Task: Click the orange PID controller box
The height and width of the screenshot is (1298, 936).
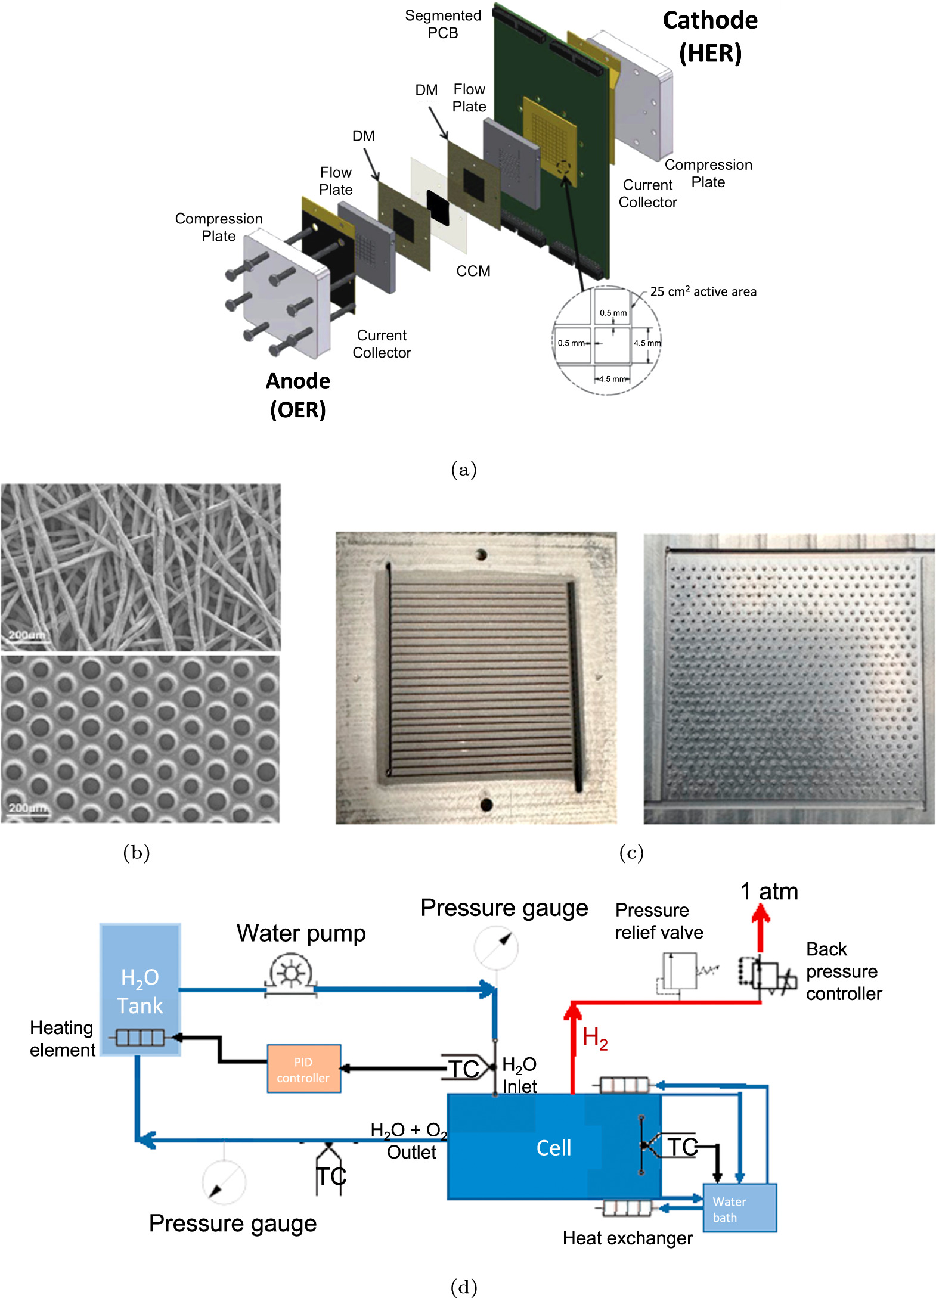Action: [303, 1069]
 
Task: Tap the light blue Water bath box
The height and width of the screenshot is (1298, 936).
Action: [739, 1208]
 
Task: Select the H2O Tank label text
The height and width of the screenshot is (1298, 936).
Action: [140, 991]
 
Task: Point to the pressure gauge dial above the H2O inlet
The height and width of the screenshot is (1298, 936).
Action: [496, 948]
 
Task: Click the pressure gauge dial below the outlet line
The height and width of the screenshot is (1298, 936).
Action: [224, 1181]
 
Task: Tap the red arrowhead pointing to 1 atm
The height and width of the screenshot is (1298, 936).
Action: [760, 914]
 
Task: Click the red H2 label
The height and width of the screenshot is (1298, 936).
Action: [594, 1038]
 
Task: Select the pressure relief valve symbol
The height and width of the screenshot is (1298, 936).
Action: [679, 971]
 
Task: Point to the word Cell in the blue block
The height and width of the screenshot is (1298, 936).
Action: [553, 1148]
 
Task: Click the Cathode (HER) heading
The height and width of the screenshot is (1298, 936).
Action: [710, 37]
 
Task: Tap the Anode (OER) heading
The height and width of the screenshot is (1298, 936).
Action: [298, 395]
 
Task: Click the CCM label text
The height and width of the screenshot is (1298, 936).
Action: [473, 271]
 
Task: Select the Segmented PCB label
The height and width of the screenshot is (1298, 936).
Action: [443, 24]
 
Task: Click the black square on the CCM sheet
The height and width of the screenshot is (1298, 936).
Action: [438, 207]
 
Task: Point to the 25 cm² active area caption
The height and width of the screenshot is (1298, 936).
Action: [703, 291]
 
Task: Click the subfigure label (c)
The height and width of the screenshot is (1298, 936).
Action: [631, 853]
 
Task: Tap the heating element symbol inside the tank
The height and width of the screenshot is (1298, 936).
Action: [140, 1038]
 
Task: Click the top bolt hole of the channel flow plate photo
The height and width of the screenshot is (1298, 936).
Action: [481, 555]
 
